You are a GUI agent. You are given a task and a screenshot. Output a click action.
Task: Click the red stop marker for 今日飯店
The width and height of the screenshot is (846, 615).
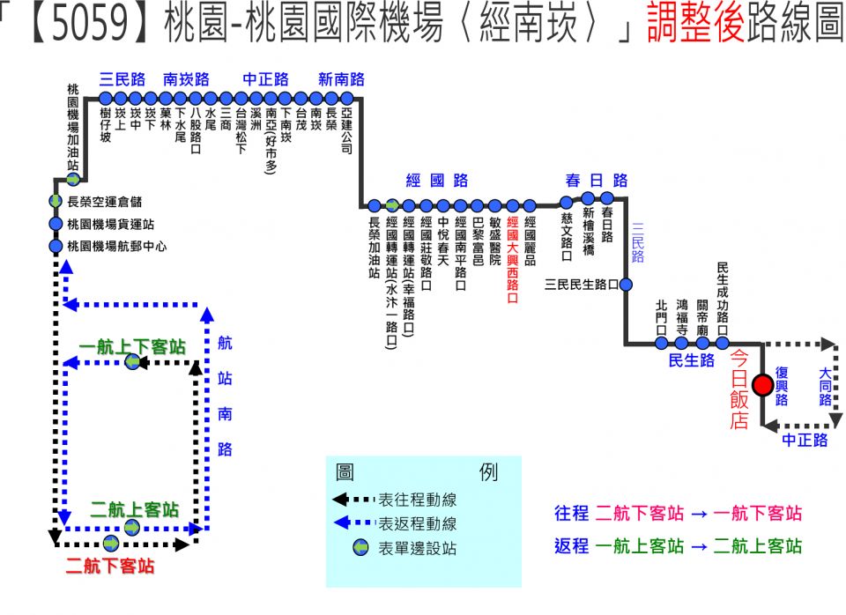point(763,384)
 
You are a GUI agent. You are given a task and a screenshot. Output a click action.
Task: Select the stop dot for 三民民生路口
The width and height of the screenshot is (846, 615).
point(626,285)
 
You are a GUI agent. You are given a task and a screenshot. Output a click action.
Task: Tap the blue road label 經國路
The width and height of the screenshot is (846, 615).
point(437,181)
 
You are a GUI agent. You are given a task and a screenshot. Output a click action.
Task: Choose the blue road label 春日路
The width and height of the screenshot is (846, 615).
point(597,181)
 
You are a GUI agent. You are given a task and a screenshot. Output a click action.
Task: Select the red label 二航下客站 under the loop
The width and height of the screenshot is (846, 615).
point(110,566)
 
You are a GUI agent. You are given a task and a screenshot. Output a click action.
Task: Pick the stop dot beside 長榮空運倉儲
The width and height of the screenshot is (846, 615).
point(56,202)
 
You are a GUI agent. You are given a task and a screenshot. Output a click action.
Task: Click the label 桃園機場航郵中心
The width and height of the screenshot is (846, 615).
point(117,246)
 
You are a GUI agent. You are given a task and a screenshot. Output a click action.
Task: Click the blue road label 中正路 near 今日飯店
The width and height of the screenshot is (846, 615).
point(805,440)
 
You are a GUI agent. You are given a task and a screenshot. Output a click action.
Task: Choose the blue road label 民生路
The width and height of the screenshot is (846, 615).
point(692,360)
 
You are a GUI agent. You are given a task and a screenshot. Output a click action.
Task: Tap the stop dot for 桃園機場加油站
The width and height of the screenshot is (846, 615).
point(74,180)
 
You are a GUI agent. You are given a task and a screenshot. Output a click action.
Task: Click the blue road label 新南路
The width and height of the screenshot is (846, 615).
point(341,79)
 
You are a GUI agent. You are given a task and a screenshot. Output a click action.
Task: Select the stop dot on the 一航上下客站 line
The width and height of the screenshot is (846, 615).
point(132,361)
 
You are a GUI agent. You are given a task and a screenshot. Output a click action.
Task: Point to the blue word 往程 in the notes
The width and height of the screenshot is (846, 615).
point(571,514)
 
